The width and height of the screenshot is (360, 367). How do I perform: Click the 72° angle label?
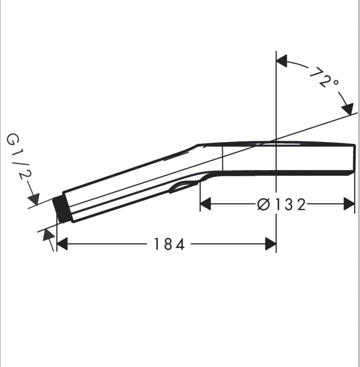tap(324, 78)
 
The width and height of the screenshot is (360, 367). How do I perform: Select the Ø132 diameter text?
tap(281, 204)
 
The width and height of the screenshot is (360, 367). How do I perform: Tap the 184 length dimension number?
tap(169, 244)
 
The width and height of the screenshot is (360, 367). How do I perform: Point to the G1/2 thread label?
tap(19, 156)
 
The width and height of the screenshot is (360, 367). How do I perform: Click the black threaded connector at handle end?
tap(61, 210)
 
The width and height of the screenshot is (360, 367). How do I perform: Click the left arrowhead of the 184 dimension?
tap(62, 244)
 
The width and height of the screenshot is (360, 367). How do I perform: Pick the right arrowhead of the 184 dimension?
tap(271, 244)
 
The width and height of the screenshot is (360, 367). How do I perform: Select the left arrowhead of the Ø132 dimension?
tap(206, 204)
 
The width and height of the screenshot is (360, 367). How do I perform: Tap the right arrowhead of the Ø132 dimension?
tap(349, 204)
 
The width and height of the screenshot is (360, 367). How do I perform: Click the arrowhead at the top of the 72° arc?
tap(281, 61)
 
